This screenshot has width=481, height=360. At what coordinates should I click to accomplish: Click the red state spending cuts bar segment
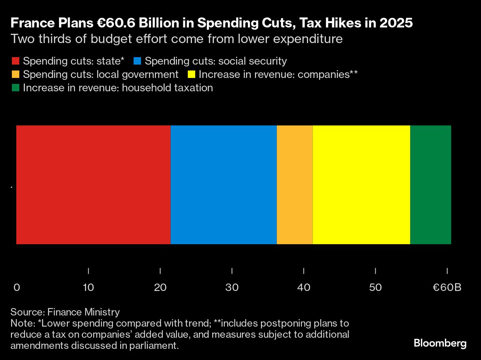pyautogui.click(x=93, y=184)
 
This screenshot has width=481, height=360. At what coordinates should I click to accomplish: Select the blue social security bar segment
pyautogui.click(x=223, y=184)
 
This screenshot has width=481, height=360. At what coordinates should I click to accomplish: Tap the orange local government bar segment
pyautogui.click(x=295, y=184)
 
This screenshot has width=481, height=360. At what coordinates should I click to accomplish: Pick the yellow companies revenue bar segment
pyautogui.click(x=361, y=184)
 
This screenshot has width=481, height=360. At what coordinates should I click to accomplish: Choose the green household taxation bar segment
pyautogui.click(x=431, y=184)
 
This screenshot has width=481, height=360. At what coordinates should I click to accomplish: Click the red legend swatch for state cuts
pyautogui.click(x=16, y=61)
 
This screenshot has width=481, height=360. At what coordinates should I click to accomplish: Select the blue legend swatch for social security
pyautogui.click(x=137, y=61)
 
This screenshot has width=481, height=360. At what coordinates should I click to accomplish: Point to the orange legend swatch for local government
pyautogui.click(x=16, y=75)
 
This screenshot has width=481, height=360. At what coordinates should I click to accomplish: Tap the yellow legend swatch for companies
pyautogui.click(x=192, y=75)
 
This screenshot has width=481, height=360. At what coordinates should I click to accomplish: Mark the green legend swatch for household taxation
pyautogui.click(x=16, y=88)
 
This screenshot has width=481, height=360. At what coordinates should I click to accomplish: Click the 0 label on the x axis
pyautogui.click(x=17, y=288)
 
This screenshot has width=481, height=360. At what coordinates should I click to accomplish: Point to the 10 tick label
pyautogui.click(x=88, y=288)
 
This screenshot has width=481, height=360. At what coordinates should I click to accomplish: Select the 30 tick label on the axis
pyautogui.click(x=232, y=288)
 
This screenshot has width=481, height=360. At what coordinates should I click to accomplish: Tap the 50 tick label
pyautogui.click(x=376, y=288)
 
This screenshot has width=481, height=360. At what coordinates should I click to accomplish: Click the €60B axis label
pyautogui.click(x=447, y=288)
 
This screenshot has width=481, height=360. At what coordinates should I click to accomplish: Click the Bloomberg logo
pyautogui.click(x=440, y=343)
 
